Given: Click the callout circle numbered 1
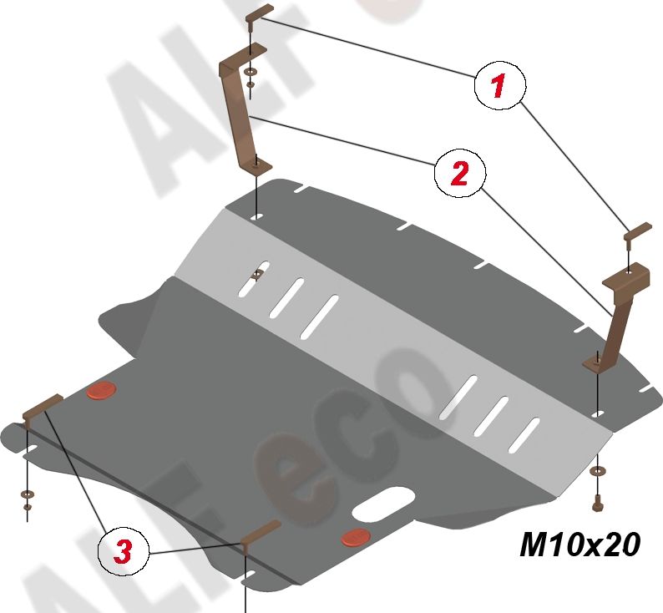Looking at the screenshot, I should tap(499, 86).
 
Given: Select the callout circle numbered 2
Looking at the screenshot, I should tap(458, 174).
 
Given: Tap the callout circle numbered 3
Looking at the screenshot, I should tap(122, 550).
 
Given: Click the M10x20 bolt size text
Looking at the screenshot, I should tap(579, 545).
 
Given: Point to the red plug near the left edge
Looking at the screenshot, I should tap(103, 390).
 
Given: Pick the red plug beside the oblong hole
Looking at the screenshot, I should tap(356, 537).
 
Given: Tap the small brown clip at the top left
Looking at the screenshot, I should tap(258, 13).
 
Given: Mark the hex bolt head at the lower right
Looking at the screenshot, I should tap(598, 504).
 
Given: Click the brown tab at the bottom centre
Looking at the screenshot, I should tap(261, 534).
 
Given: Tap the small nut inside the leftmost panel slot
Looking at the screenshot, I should tap(259, 273).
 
